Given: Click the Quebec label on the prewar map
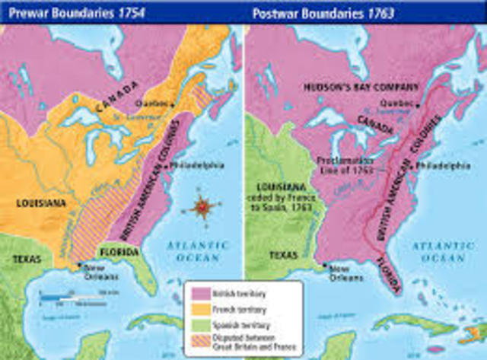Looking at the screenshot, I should click(x=149, y=103).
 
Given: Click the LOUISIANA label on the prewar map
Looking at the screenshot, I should click(x=40, y=203).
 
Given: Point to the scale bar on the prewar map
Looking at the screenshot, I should click(x=76, y=298).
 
